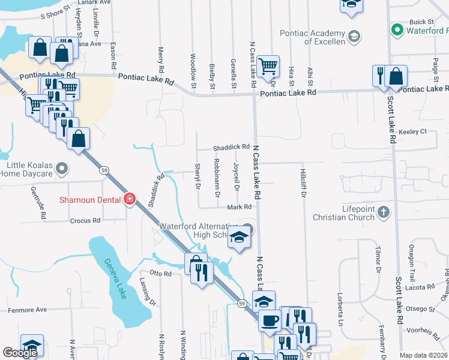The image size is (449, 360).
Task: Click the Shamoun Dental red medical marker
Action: tap(129, 199)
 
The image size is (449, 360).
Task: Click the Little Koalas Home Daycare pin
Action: tap(61, 170)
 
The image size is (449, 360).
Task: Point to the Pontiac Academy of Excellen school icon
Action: tap(354, 37)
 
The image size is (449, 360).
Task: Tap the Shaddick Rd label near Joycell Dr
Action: tap(231, 147)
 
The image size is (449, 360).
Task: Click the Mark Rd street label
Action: tap(238, 207)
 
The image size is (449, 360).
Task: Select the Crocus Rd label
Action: tap(85, 221)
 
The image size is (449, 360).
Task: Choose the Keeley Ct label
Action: tap(415, 131)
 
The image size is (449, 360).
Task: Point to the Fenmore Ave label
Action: tap(27, 310)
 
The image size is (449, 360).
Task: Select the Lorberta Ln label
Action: tap(339, 307)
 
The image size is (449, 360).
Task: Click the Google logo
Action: tap(20, 353)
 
